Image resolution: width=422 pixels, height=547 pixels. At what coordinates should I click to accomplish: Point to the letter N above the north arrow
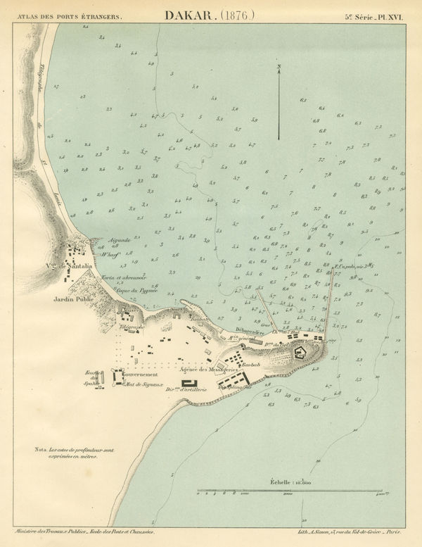(x=279, y=68)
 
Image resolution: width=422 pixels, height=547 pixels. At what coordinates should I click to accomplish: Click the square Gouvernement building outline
(x=116, y=378)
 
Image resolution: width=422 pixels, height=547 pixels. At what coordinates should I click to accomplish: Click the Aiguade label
(x=115, y=240)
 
